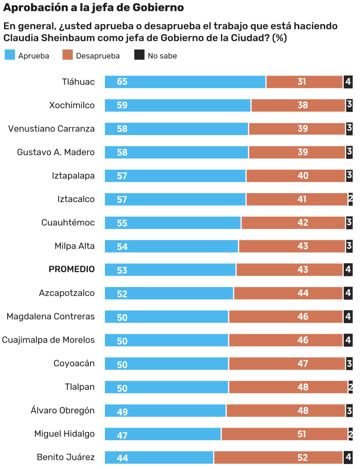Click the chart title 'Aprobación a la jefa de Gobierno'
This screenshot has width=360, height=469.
click(x=94, y=8)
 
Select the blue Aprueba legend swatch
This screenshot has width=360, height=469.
click(x=9, y=55)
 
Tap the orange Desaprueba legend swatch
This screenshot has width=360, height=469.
click(x=67, y=55)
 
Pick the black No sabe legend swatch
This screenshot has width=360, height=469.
click(x=139, y=55)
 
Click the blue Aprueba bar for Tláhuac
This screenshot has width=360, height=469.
click(x=185, y=82)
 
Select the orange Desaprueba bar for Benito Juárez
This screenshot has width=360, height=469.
click(x=278, y=458)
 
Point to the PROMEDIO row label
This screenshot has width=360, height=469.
click(x=72, y=269)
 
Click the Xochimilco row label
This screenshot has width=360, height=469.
click(x=72, y=105)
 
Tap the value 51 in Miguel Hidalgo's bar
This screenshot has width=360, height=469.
click(x=301, y=434)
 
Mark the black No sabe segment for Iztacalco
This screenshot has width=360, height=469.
click(x=350, y=199)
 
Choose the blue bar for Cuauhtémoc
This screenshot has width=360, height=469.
click(x=173, y=223)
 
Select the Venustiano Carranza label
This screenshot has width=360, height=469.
click(x=51, y=129)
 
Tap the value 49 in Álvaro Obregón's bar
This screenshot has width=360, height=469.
click(x=122, y=411)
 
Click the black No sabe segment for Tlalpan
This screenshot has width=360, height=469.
click(x=350, y=387)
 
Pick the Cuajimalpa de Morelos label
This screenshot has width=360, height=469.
click(x=48, y=340)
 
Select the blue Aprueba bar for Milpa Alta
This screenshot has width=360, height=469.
click(x=171, y=246)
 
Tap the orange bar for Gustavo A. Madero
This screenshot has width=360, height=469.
click(x=297, y=152)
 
